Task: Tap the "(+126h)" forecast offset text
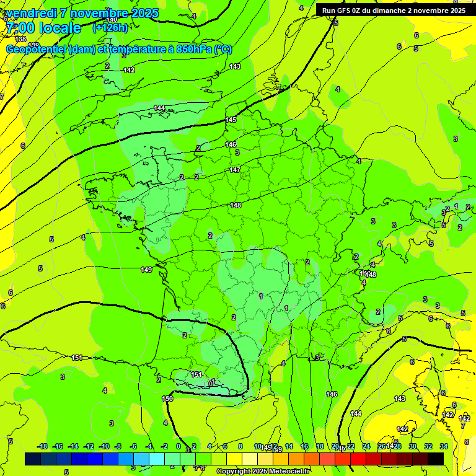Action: pos(110,28)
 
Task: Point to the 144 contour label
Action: pos(160,108)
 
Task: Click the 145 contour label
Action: pos(231,120)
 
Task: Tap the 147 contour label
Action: pos(235,169)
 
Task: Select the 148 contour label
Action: pos(236,205)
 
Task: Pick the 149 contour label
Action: pos(146,270)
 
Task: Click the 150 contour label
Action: pos(167,399)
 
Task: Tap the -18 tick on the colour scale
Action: pos(43,447)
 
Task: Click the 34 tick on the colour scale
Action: pos(444,447)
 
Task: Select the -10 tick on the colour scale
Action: pos(104,447)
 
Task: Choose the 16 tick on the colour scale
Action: pos(304,447)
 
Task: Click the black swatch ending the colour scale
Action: pos(435,459)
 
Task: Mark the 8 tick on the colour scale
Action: pos(240,447)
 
